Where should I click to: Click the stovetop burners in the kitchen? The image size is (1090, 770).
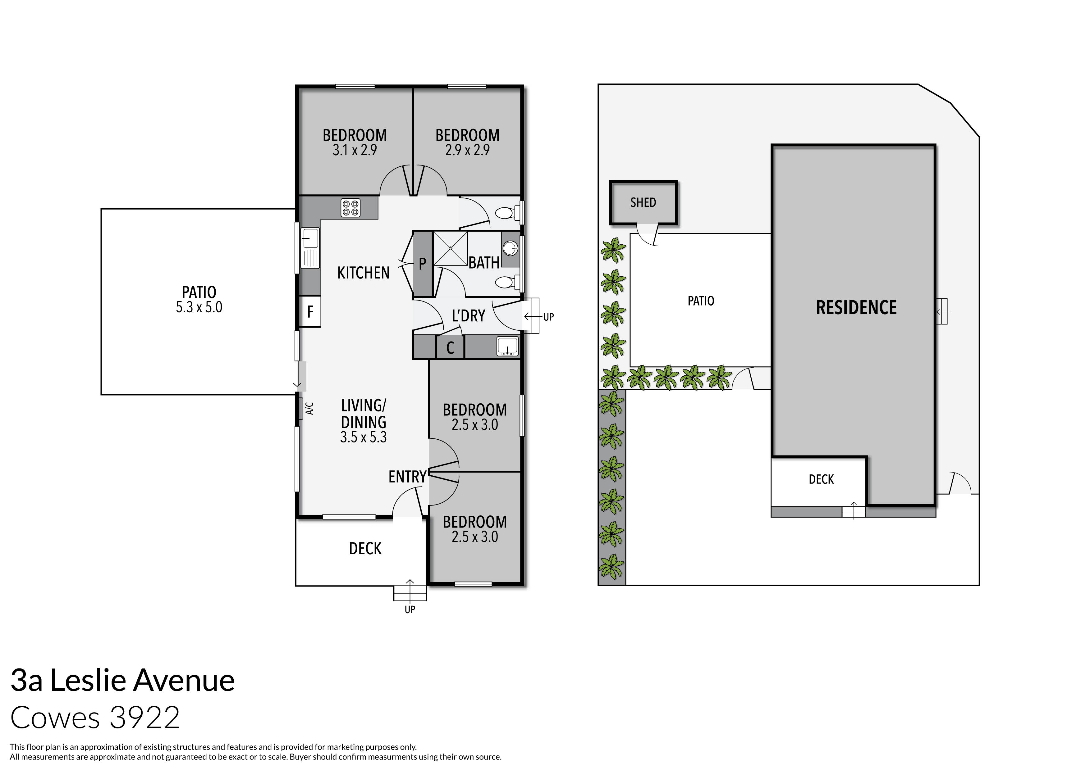351,208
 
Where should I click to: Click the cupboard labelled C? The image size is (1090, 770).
450,348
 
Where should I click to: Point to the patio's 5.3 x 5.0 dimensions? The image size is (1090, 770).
199,307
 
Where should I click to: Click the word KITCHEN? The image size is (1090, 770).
363,273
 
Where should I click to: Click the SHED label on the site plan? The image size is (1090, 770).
643,202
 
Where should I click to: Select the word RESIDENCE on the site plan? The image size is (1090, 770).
856,308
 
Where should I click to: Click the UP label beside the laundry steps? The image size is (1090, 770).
548,317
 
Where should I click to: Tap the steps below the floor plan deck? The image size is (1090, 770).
410,593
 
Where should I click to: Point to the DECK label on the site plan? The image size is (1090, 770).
821,480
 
